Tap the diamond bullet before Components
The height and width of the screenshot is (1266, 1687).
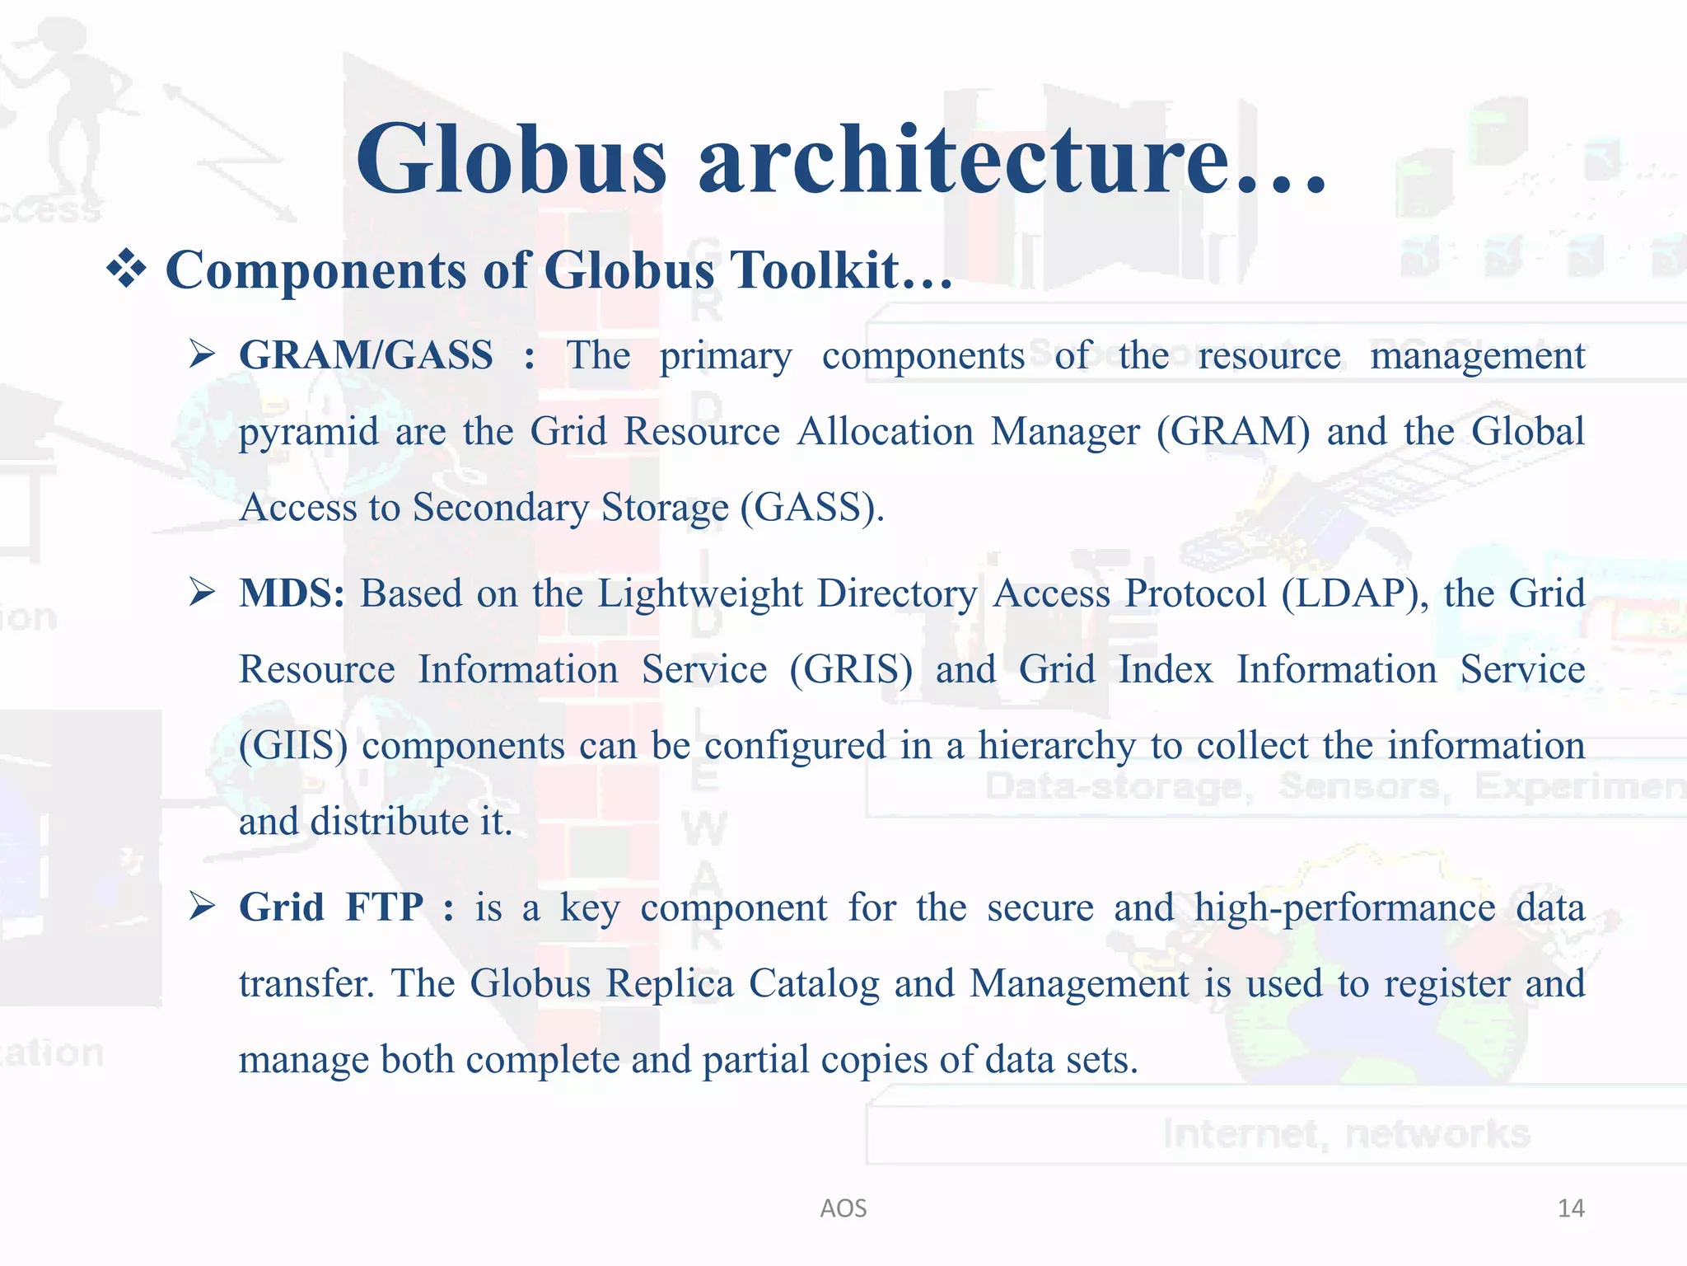pos(127,270)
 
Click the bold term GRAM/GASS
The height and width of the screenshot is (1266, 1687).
pos(366,355)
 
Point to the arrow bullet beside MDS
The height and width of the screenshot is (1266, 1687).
pos(201,591)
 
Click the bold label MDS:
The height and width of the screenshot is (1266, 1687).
pos(292,593)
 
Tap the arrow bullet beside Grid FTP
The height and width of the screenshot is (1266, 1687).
pos(201,906)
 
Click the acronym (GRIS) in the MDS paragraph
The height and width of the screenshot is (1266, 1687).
pos(851,669)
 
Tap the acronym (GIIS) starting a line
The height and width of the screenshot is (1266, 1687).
pos(293,746)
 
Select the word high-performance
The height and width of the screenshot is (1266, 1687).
pos(1344,908)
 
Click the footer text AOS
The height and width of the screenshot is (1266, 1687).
pos(843,1208)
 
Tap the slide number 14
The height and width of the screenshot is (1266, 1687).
pos(1570,1208)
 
